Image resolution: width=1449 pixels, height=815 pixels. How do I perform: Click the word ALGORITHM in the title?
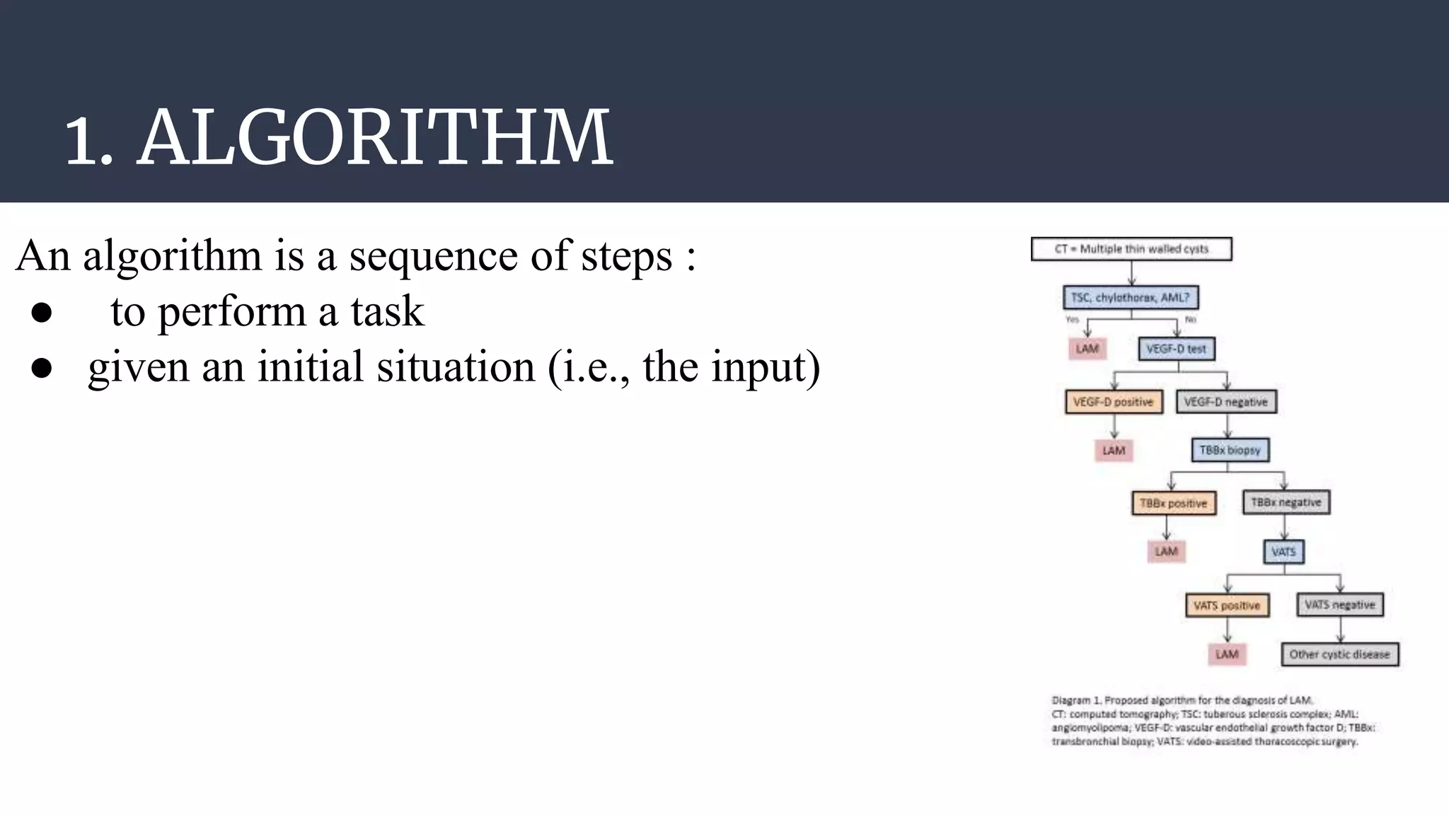pos(375,138)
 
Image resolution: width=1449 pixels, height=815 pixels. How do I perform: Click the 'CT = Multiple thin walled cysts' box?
pos(1131,249)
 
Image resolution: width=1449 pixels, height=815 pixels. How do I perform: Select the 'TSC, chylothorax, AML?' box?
pos(1130,298)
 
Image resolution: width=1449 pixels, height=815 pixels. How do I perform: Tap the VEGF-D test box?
pos(1176,349)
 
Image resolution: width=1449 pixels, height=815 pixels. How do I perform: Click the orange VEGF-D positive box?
pos(1113,402)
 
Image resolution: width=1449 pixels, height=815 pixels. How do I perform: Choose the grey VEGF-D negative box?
pos(1225,402)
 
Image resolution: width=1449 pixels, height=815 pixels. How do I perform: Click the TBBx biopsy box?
pos(1230,450)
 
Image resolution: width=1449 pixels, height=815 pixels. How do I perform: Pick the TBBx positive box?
pos(1173,503)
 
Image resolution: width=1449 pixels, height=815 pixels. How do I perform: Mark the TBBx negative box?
pos(1286,502)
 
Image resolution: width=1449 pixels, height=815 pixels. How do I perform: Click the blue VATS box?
pos(1283,551)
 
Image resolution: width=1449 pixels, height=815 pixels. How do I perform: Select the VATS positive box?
pos(1226,606)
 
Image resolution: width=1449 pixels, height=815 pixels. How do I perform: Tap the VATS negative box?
pos(1339,605)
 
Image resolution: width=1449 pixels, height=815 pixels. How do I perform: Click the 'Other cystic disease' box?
pos(1339,654)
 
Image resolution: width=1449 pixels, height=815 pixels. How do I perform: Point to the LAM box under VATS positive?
pos(1226,654)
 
